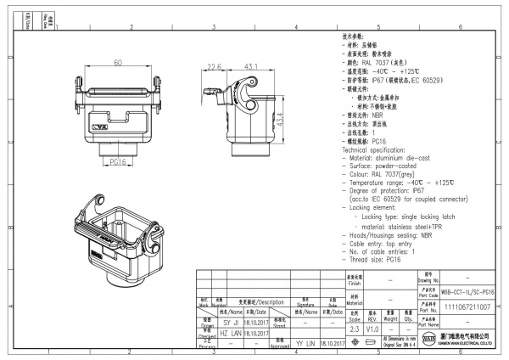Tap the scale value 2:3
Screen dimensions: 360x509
[354, 327]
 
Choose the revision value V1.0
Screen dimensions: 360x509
[372, 327]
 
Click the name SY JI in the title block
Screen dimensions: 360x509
[207, 323]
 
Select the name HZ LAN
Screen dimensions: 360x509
[207, 334]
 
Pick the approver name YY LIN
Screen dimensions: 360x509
[305, 344]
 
